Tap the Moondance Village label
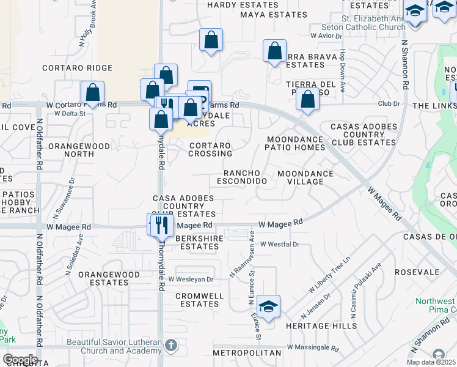point(305,177)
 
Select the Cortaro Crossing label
point(210,150)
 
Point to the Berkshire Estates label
point(197,242)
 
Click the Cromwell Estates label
point(197,300)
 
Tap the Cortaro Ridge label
point(77,68)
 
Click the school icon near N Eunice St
point(268,306)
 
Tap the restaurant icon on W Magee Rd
point(161,224)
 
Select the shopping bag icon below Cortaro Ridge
point(93,93)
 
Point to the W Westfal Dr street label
point(279,244)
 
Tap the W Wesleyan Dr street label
point(191,280)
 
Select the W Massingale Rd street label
point(313,348)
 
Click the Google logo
point(20,360)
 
